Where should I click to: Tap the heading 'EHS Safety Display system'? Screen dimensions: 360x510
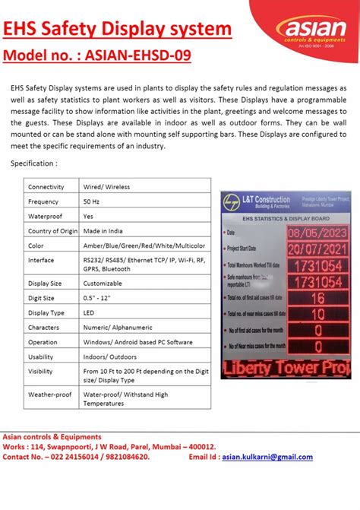pos(118,29)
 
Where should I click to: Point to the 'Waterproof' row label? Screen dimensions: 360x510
pos(46,216)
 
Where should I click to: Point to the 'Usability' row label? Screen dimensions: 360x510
pos(41,356)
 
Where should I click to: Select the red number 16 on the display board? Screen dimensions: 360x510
pos(317,297)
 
